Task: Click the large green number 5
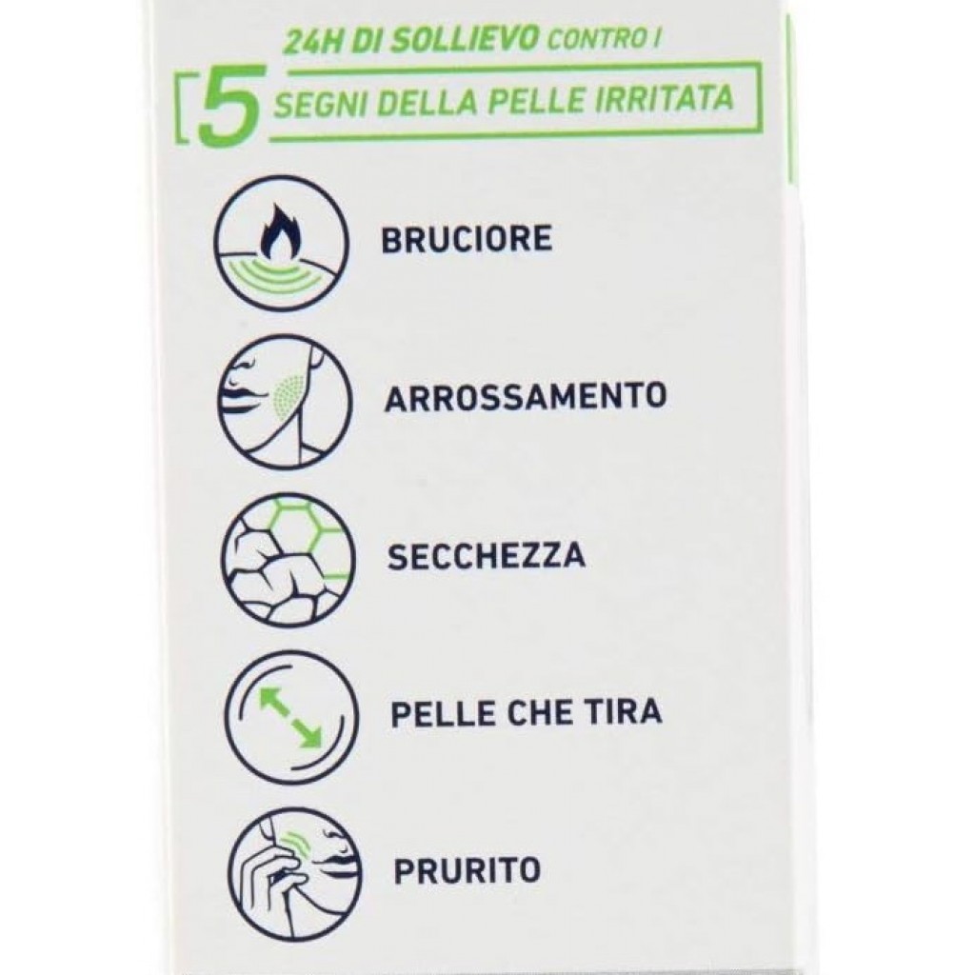(x=228, y=105)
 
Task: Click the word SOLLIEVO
(x=478, y=39)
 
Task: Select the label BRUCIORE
(x=467, y=239)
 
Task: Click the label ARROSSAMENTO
(x=526, y=397)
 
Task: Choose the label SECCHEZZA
(x=487, y=555)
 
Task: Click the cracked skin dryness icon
(x=288, y=559)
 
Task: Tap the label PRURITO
(x=467, y=870)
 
